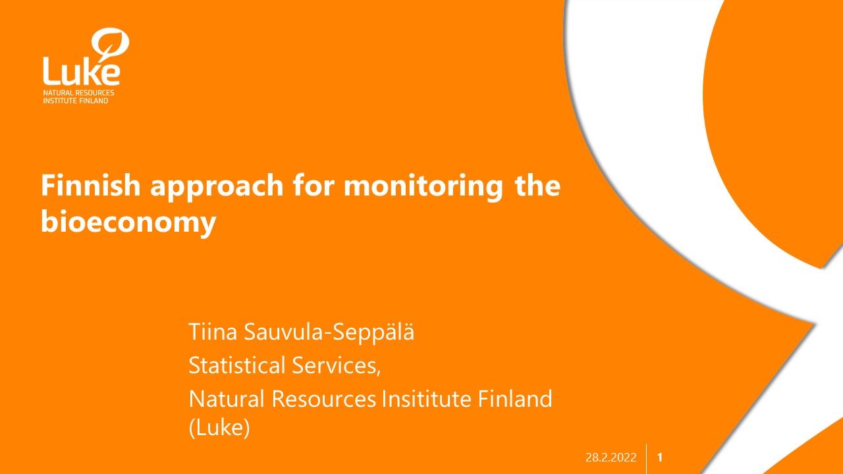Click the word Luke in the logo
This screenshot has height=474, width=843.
pyautogui.click(x=81, y=71)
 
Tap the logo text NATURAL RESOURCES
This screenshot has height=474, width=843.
pyautogui.click(x=78, y=93)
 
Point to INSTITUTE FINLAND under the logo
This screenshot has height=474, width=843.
pyautogui.click(x=75, y=101)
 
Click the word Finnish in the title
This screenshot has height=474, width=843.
pyautogui.click(x=91, y=185)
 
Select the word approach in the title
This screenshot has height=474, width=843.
pyautogui.click(x=217, y=187)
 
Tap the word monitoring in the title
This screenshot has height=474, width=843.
pyautogui.click(x=423, y=187)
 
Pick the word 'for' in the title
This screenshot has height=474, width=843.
pyautogui.click(x=314, y=185)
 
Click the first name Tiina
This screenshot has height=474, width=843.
pyautogui.click(x=213, y=332)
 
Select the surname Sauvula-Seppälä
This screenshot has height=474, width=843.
pyautogui.click(x=329, y=332)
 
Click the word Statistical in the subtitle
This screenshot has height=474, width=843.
pyautogui.click(x=236, y=365)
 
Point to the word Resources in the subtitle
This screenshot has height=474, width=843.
pyautogui.click(x=324, y=399)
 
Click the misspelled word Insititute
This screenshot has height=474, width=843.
pyautogui.click(x=426, y=399)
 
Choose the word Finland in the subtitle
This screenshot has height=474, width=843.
pyautogui.click(x=515, y=399)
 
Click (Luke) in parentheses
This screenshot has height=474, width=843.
pyautogui.click(x=219, y=428)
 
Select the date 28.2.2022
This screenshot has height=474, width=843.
pyautogui.click(x=611, y=458)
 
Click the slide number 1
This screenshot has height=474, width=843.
pyautogui.click(x=659, y=458)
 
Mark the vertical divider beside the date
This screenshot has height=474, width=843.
pyautogui.click(x=646, y=459)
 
